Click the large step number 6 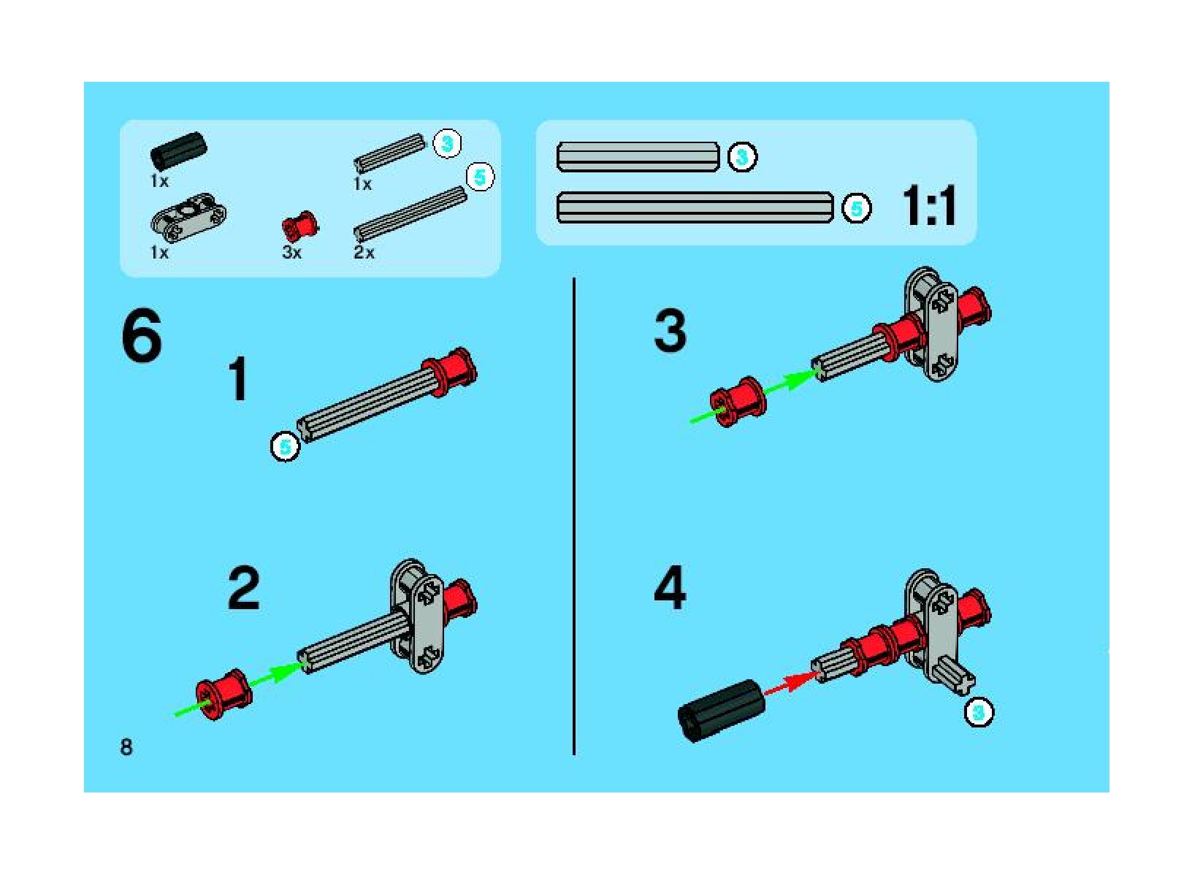pyautogui.click(x=142, y=335)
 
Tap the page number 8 pyautogui.click(x=126, y=747)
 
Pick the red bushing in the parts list pyautogui.click(x=301, y=227)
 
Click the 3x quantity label pyautogui.click(x=291, y=252)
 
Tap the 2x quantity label pyautogui.click(x=364, y=252)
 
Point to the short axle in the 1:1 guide pyautogui.click(x=638, y=157)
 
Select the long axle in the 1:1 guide pyautogui.click(x=695, y=207)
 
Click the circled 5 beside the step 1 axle pyautogui.click(x=286, y=447)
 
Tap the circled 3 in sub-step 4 pyautogui.click(x=979, y=711)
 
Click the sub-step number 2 pyautogui.click(x=244, y=589)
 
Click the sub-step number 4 pyautogui.click(x=670, y=588)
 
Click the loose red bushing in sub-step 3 pyautogui.click(x=738, y=401)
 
